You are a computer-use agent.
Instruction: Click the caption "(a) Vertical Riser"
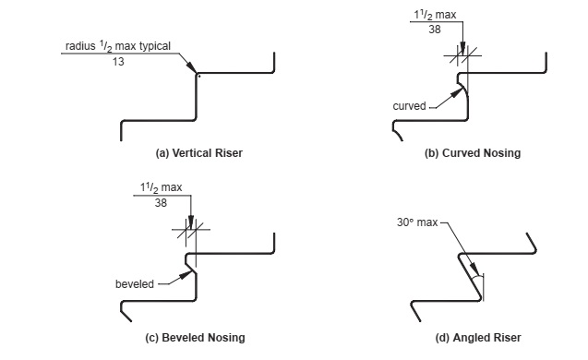tap(199, 152)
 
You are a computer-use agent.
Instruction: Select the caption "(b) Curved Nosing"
tap(472, 153)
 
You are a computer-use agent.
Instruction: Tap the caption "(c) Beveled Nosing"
tap(196, 338)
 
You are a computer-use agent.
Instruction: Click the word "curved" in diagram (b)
tap(409, 106)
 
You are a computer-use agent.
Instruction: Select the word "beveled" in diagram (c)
tap(134, 283)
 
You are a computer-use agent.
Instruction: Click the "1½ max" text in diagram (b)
tap(442, 16)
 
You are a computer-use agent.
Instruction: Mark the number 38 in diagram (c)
tap(161, 203)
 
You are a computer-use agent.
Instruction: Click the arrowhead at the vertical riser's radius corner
tap(192, 69)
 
